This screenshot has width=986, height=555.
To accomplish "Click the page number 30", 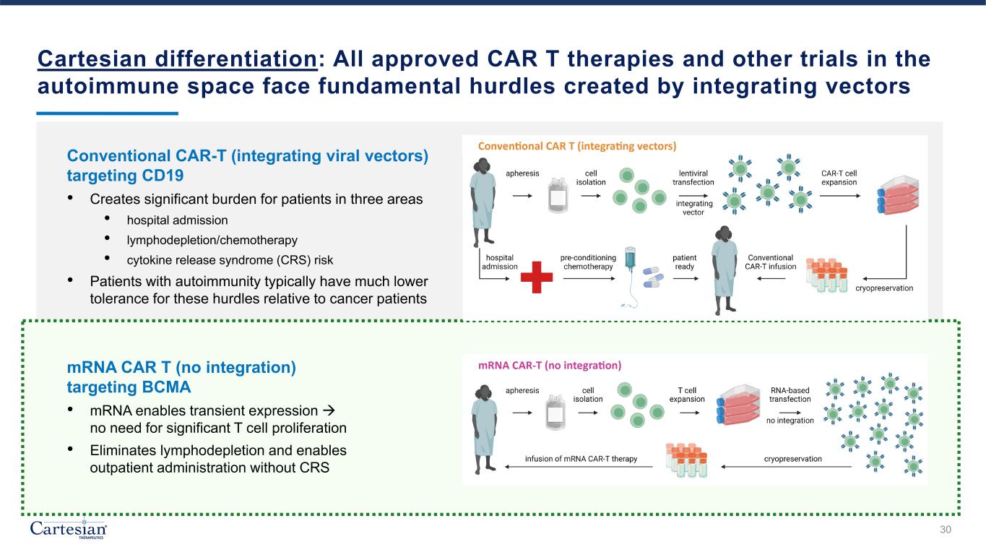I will point(946,530).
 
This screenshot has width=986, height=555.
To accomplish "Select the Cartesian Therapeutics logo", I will point(69,529).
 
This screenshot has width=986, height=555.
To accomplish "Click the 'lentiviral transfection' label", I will point(693,178).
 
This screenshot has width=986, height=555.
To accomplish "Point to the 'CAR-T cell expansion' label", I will point(839,178).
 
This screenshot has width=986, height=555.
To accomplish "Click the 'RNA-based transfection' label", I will point(790,394).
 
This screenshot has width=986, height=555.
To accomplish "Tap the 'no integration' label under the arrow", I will point(790,420).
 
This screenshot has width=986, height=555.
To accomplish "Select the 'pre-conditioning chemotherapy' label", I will point(588,262).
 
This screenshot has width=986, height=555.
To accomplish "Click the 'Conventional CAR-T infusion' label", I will point(770,262).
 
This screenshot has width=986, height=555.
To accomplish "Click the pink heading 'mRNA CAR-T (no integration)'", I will point(549,364).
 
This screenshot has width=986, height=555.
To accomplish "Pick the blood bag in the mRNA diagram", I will point(555,413).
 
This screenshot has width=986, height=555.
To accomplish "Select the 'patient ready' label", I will point(684,262).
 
